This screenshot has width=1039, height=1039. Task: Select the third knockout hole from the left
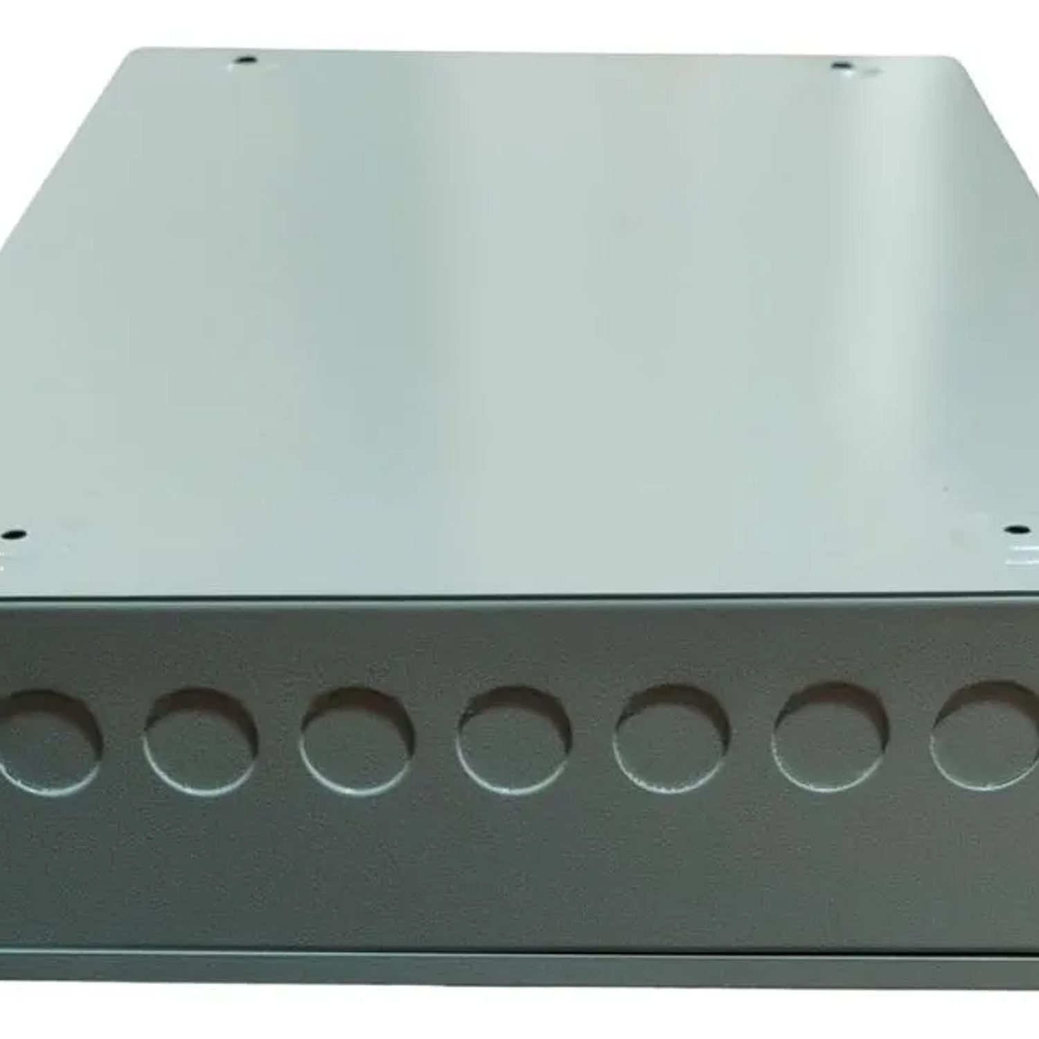click(x=357, y=740)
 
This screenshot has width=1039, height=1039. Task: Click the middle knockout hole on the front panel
click(x=514, y=738)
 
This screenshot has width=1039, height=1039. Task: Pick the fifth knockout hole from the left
click(x=671, y=737)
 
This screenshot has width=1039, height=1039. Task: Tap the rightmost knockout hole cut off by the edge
click(x=987, y=736)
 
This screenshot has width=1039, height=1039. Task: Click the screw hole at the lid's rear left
click(x=245, y=60)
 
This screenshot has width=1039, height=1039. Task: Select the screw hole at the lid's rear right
click(x=841, y=66)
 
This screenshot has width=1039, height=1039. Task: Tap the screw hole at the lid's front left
click(x=14, y=535)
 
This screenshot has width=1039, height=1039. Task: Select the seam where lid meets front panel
click(x=519, y=597)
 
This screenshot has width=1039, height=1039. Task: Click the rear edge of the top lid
click(x=540, y=52)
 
